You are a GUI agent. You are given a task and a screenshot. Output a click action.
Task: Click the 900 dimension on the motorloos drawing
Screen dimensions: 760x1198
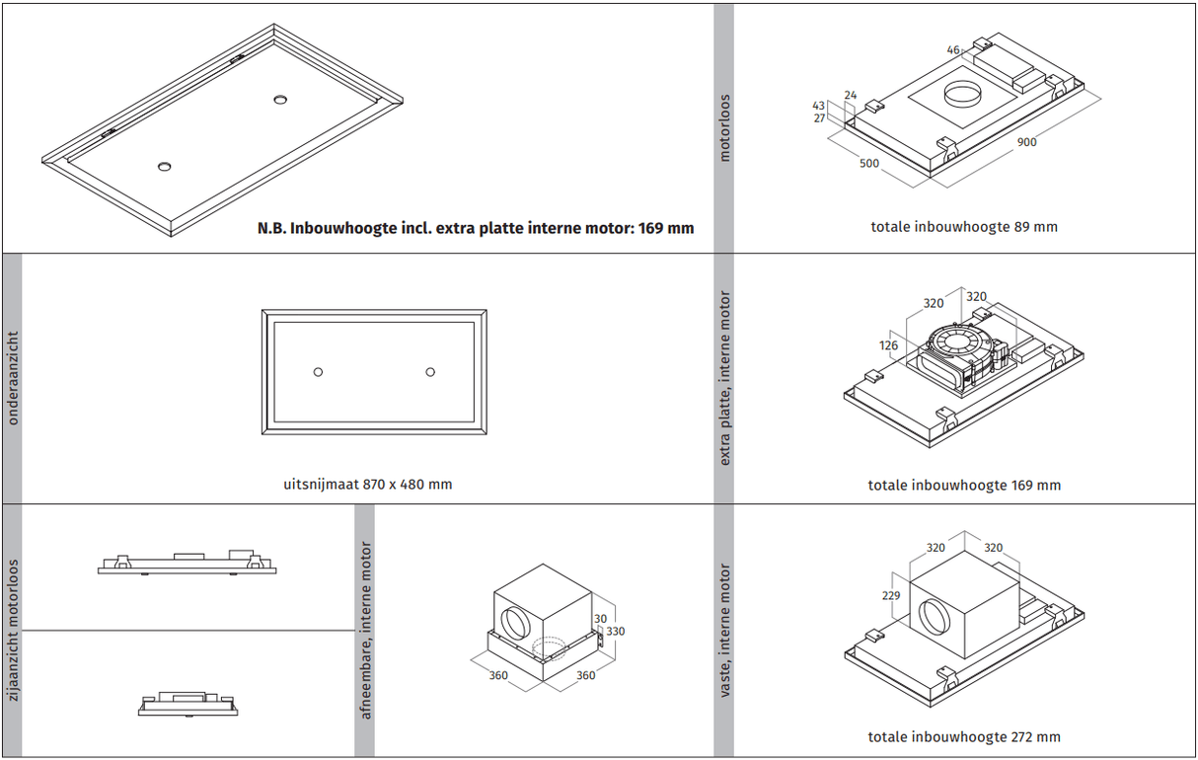(1026, 142)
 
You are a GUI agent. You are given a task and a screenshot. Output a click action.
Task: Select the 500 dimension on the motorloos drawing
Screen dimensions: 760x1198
(868, 164)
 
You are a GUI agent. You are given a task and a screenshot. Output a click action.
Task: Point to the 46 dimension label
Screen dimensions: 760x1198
(952, 49)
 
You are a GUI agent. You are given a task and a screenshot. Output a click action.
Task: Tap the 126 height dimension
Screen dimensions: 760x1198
(889, 345)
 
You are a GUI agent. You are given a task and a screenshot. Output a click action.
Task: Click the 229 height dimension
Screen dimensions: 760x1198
(891, 595)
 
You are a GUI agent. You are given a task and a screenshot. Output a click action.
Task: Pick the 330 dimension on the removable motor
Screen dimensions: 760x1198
(615, 632)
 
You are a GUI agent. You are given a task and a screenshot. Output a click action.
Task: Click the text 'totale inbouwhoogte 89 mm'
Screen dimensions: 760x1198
(963, 227)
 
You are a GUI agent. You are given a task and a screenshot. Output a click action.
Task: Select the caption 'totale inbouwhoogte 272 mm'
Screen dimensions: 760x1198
(964, 737)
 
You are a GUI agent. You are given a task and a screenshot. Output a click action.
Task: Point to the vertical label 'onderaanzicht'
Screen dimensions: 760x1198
(13, 379)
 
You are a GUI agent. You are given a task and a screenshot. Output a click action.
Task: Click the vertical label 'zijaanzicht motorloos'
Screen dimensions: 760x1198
(13, 631)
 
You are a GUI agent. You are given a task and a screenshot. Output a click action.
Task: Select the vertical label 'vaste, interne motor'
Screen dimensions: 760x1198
(725, 631)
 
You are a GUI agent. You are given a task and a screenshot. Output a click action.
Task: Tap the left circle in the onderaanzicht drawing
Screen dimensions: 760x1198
(318, 371)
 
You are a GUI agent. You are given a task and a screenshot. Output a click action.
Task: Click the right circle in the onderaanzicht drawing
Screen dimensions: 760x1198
(430, 371)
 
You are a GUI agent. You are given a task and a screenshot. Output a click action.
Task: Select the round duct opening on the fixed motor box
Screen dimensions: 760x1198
(933, 619)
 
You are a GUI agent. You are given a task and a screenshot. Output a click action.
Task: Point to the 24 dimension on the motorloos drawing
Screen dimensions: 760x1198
(851, 96)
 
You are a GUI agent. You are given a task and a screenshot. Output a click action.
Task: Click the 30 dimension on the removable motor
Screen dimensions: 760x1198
(599, 619)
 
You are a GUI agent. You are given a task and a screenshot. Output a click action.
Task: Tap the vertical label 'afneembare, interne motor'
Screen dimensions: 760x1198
(366, 631)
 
